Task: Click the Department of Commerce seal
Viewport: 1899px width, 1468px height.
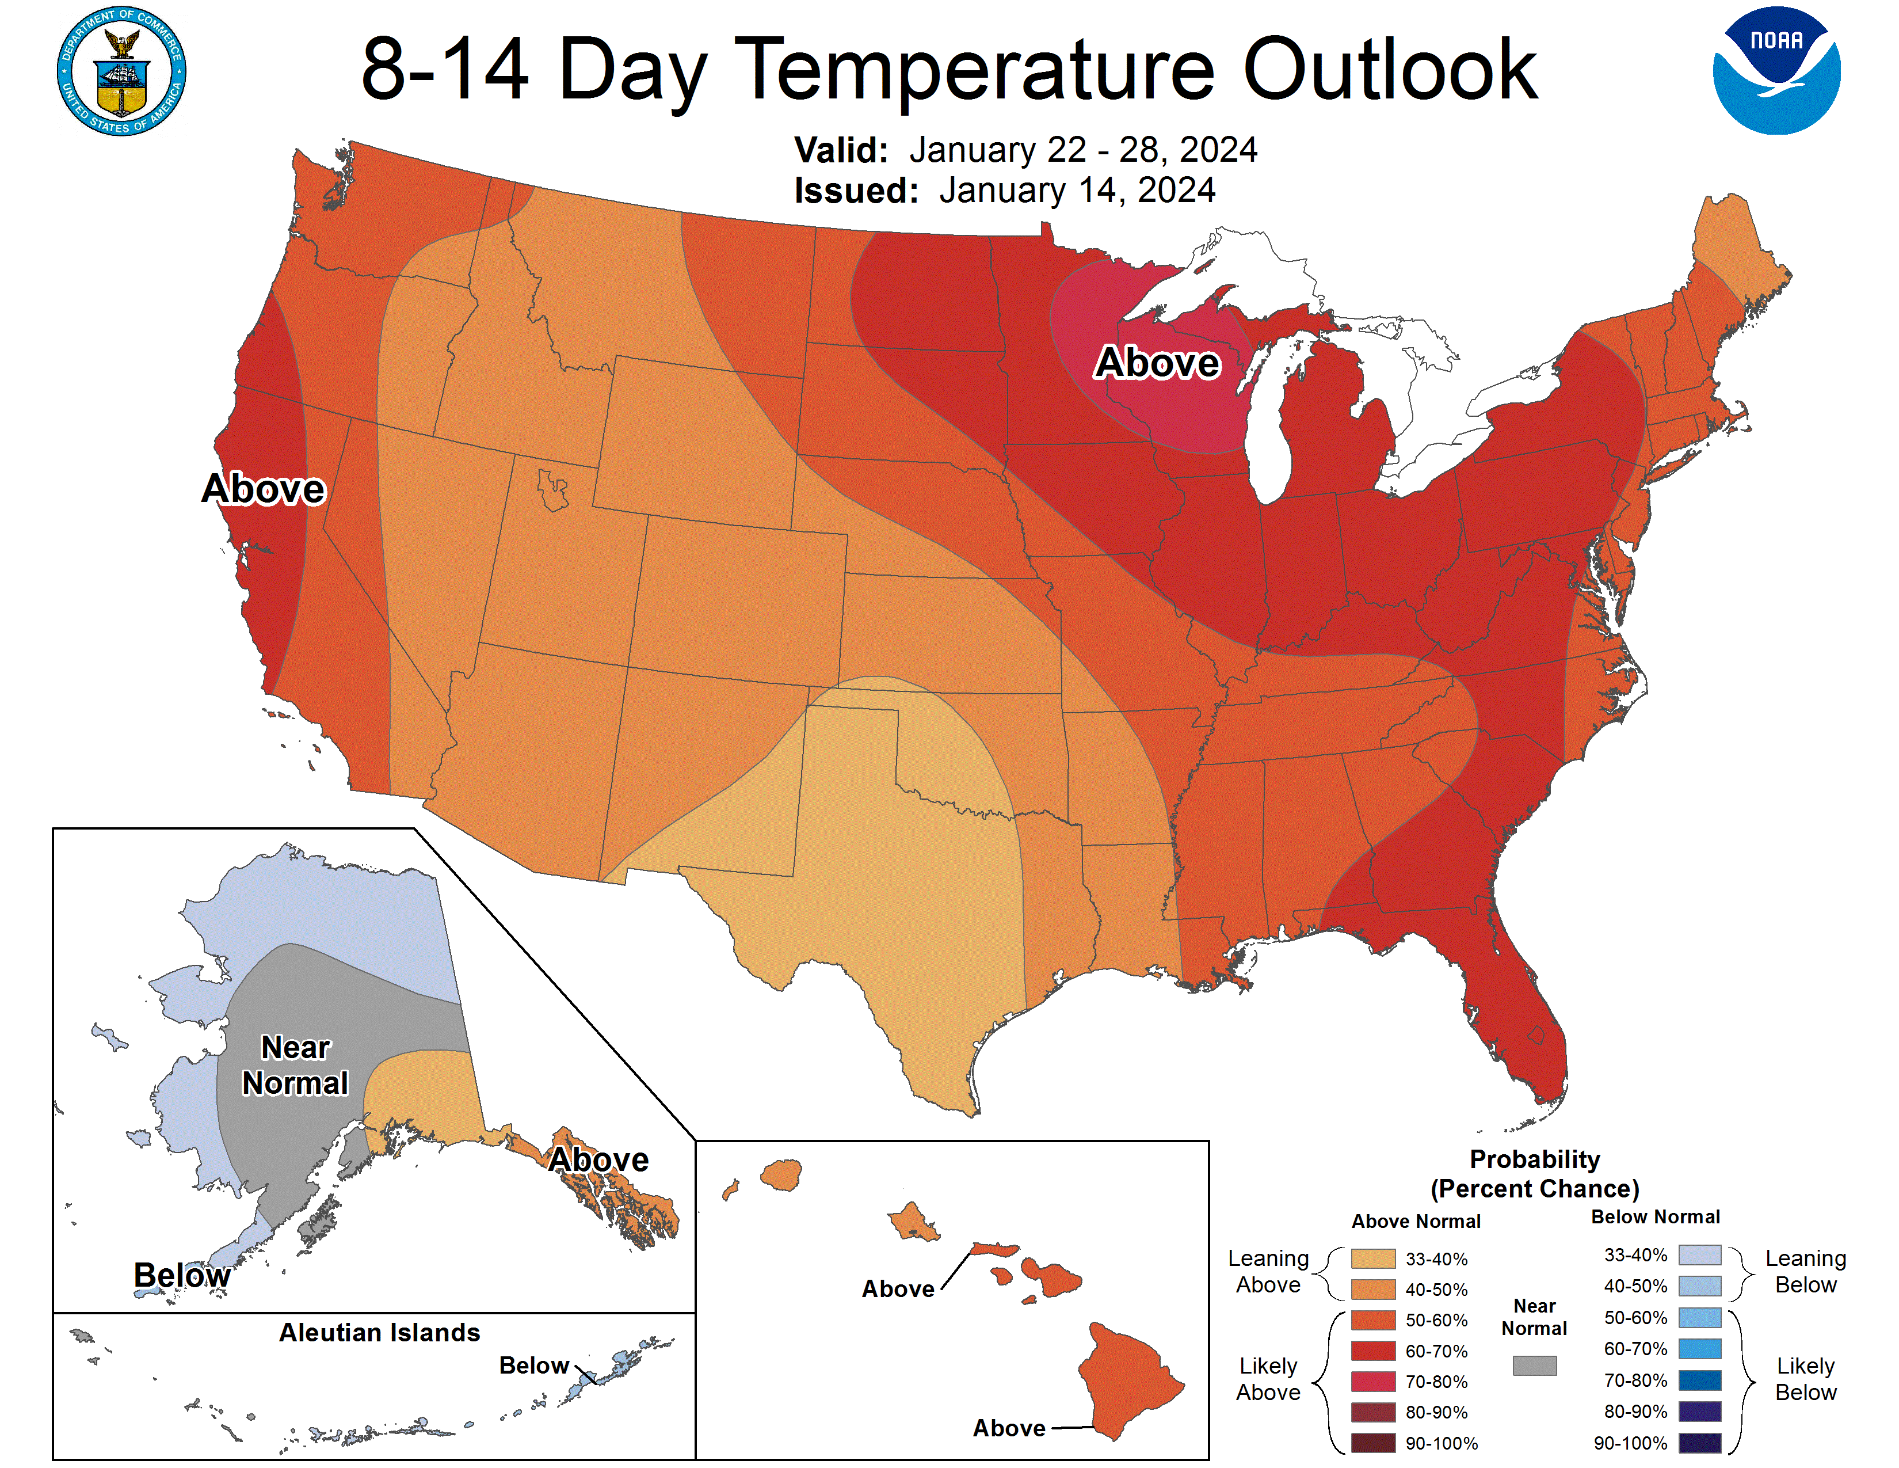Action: pos(122,71)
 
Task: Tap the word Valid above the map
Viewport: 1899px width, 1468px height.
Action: pos(840,150)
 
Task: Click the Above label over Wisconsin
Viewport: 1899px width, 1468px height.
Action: pos(1157,363)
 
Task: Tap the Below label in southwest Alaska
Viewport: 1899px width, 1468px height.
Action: pos(182,1275)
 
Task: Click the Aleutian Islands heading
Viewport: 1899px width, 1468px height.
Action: pos(379,1332)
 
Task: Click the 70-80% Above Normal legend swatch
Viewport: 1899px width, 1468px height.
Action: pos(1373,1382)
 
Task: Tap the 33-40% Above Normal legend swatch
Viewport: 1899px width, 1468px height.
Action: pos(1373,1258)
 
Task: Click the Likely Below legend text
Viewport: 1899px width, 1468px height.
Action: pos(1805,1379)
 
